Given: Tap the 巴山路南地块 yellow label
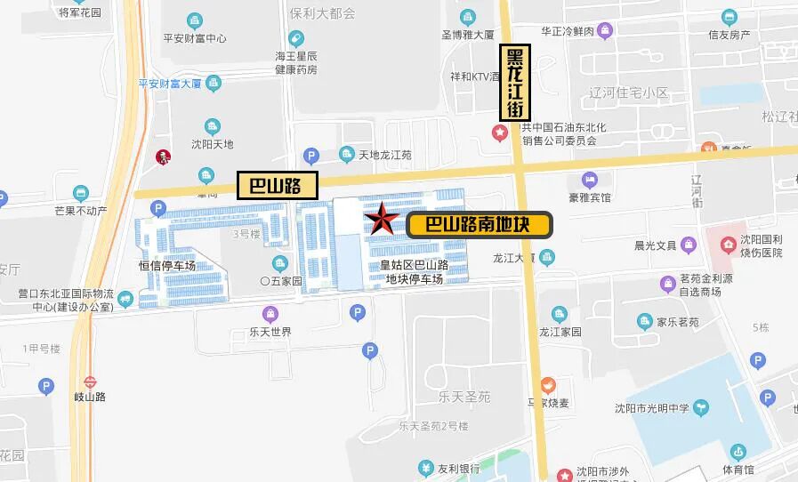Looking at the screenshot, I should click(x=480, y=225).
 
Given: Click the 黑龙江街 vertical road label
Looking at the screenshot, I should click(x=514, y=83).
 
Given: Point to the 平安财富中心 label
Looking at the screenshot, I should click(x=195, y=38).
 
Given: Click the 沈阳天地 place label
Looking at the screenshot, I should click(x=212, y=144).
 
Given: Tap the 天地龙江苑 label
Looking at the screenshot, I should click(x=384, y=156).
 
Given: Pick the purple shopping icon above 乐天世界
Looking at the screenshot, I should click(x=270, y=313).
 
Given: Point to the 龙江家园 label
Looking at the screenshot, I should click(x=559, y=332).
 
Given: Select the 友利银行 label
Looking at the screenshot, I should click(x=458, y=469).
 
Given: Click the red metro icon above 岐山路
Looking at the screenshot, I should click(x=88, y=382).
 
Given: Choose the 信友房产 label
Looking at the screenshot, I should click(x=729, y=36).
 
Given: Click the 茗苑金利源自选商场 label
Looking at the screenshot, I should click(x=704, y=285).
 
